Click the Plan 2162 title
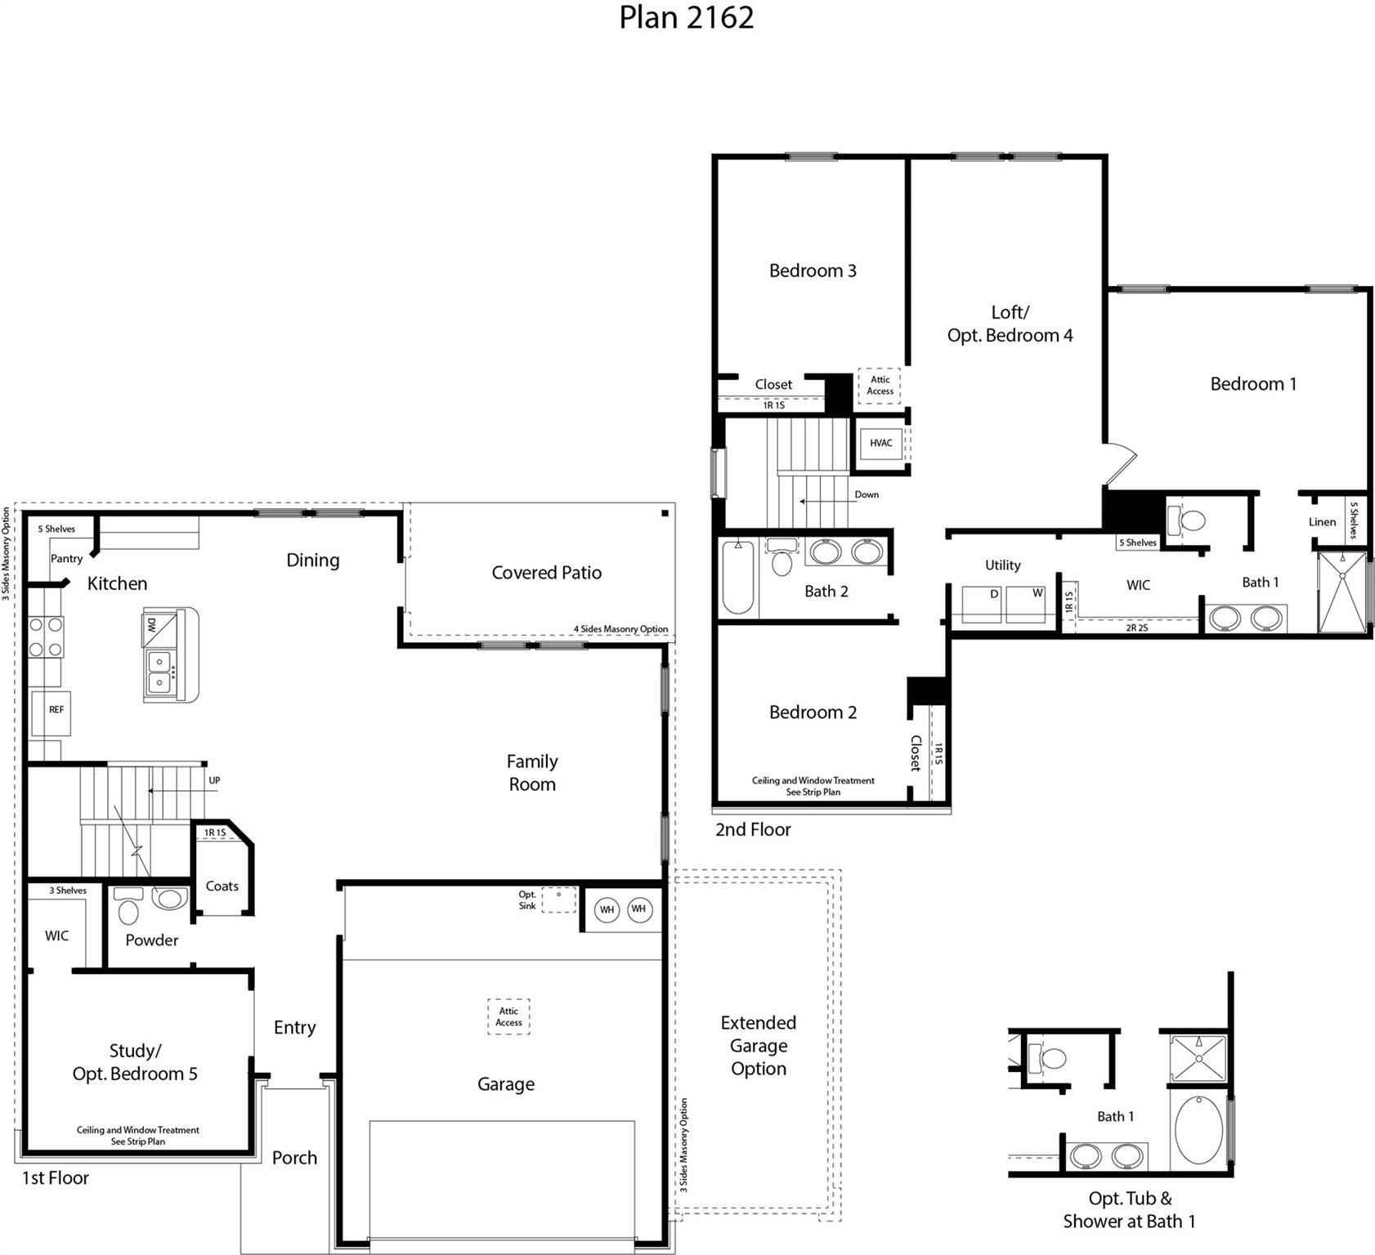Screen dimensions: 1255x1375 686,18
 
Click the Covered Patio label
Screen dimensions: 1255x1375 546,573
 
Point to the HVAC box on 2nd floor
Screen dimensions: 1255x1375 880,444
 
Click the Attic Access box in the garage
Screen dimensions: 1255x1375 508,1017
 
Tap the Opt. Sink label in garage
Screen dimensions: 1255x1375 527,900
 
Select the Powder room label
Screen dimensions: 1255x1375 151,940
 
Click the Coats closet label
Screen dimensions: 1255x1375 222,887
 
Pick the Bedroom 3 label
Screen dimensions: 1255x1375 812,271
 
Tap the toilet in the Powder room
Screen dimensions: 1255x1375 129,907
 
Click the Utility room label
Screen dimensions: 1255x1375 1002,565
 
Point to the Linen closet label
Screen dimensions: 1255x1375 1322,522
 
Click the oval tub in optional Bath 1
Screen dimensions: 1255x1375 1198,1131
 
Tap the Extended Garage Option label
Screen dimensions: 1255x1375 758,1046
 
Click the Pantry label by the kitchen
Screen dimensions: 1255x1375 66,559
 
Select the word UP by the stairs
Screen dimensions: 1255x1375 214,780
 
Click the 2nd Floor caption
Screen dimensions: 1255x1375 753,830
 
